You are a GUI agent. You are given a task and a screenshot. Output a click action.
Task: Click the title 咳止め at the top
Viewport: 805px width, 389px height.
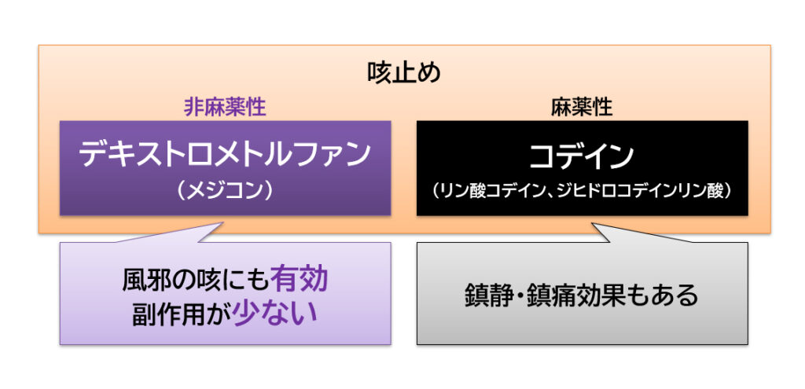(404, 73)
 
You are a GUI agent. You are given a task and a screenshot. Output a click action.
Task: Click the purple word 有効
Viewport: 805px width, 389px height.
(299, 281)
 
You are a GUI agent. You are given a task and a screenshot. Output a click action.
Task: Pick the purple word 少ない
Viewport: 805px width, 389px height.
(275, 314)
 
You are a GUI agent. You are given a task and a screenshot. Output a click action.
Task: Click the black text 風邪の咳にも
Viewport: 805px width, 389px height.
(196, 281)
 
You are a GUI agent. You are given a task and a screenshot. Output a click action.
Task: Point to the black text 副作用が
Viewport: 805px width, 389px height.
(182, 314)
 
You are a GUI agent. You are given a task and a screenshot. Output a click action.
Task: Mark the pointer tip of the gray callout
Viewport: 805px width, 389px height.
(592, 223)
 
